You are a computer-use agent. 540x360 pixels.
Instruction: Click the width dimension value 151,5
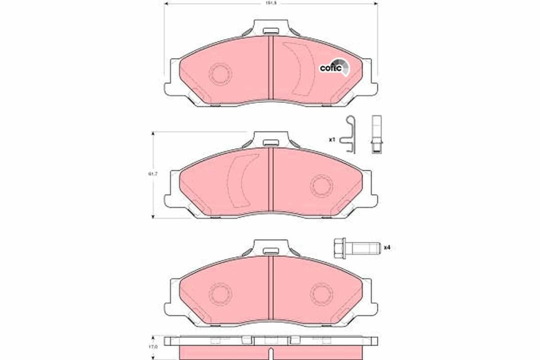(270, 3)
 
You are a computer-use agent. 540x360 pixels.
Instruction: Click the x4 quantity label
(386, 247)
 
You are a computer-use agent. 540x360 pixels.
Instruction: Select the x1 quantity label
(331, 139)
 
